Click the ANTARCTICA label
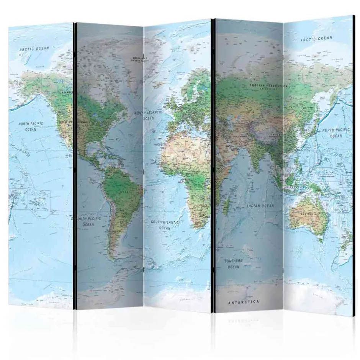pos(244,302)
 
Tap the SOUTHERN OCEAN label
pos(234,263)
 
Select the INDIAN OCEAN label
pos(260,206)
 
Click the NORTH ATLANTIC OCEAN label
pos(148,115)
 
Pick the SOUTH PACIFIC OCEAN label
pos(87,221)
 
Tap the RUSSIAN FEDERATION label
pos(268,85)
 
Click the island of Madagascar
pos(226,207)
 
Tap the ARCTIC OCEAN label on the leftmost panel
pos(35,49)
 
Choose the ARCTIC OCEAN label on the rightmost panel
pos(316,39)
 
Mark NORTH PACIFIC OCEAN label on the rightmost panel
pos(336,133)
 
